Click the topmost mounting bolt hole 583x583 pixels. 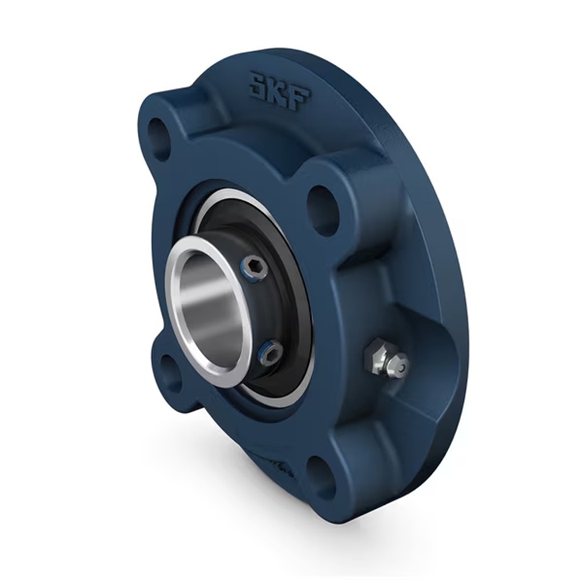(x=158, y=138)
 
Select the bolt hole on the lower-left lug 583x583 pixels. (x=169, y=372)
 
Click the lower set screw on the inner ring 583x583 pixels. (x=270, y=351)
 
